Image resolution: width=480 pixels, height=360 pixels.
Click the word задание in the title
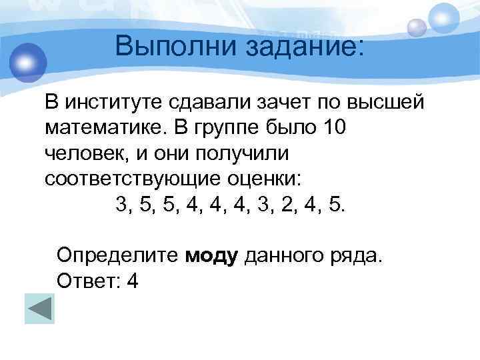[304, 47]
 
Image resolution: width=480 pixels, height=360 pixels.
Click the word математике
[103, 127]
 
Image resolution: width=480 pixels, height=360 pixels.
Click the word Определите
[117, 254]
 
